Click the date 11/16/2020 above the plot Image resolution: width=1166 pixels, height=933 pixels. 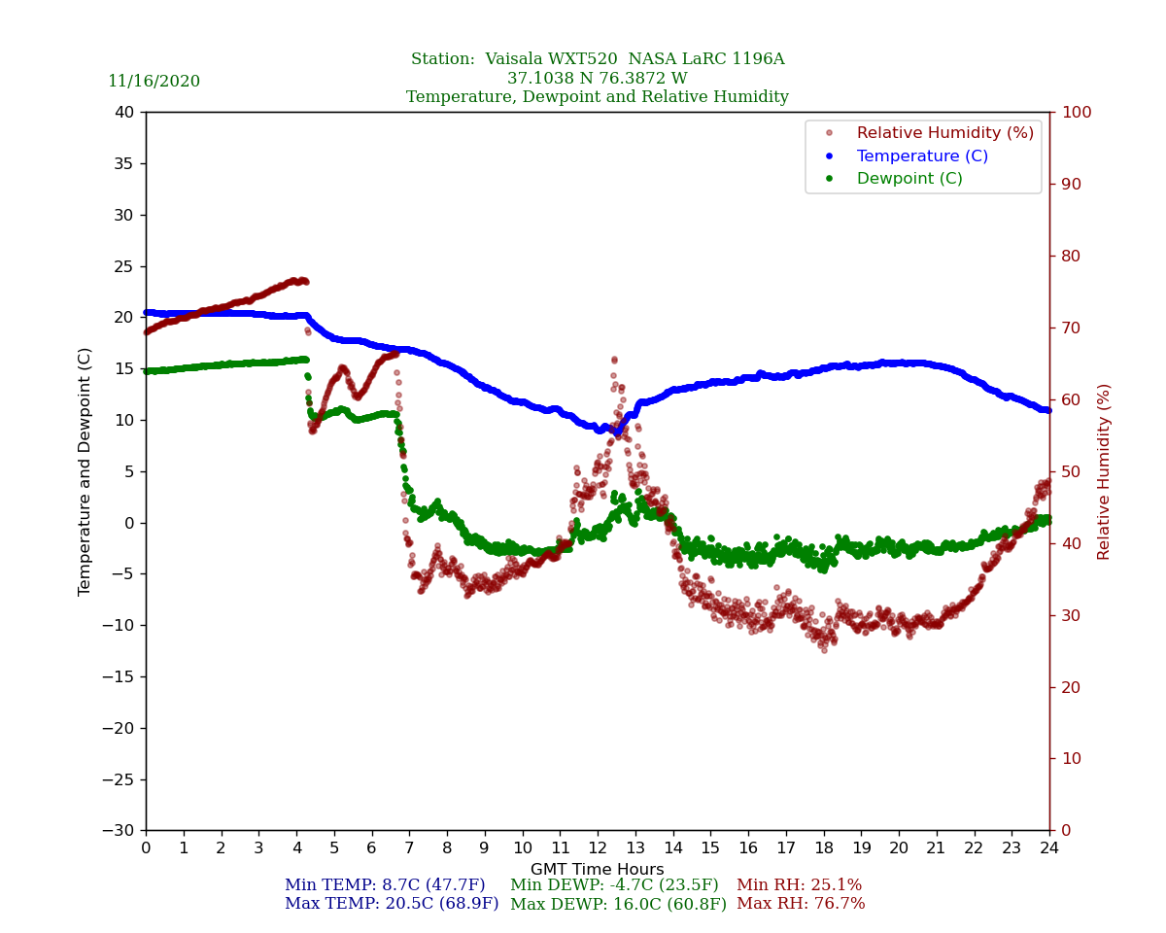tap(154, 82)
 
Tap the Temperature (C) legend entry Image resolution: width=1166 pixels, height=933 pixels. tap(921, 155)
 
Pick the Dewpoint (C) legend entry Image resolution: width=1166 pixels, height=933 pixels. tap(909, 179)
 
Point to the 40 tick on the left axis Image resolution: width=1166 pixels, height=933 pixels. tap(124, 112)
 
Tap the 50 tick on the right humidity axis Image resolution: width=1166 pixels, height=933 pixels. tap(1071, 471)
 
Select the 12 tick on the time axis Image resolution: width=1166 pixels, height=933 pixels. tap(598, 848)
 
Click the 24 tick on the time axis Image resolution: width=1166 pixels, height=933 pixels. tap(1049, 848)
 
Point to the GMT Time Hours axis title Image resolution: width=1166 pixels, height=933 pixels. tap(598, 870)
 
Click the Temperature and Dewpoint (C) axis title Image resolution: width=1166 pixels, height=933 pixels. tap(86, 471)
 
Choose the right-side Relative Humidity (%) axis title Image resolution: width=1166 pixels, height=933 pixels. tap(1105, 471)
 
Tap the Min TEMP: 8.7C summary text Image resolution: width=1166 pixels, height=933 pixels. tap(385, 885)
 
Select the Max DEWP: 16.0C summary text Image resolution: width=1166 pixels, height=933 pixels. tap(618, 904)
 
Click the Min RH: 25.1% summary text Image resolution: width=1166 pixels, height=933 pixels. tap(799, 885)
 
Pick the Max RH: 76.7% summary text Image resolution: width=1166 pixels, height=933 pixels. tap(801, 904)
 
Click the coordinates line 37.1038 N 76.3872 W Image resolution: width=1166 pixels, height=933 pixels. tap(598, 79)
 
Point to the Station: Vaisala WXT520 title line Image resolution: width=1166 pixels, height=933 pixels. tap(598, 59)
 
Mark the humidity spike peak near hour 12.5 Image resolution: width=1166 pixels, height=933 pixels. tap(614, 360)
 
